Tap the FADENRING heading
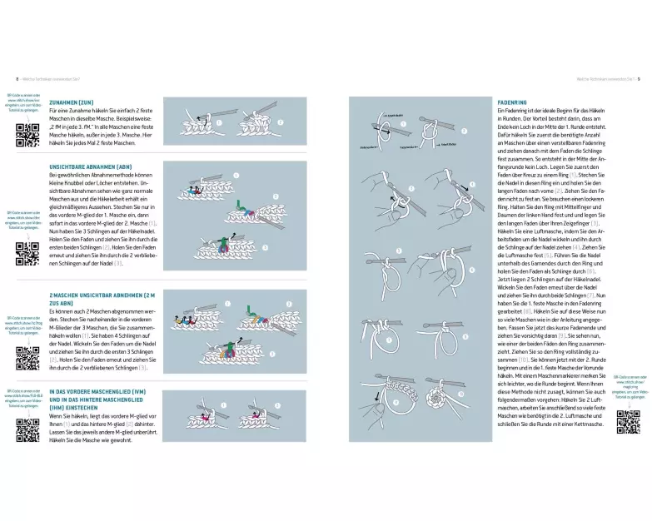click(x=511, y=102)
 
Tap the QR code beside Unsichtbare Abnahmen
click(x=27, y=251)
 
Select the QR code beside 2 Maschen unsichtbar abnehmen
click(x=27, y=357)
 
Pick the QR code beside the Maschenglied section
click(x=27, y=429)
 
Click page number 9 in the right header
click(x=639, y=79)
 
